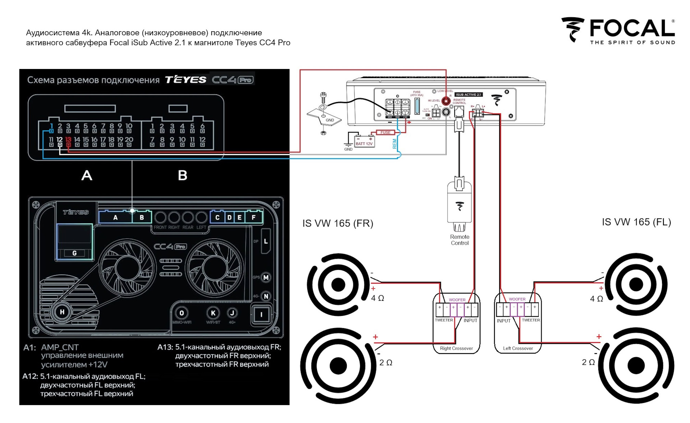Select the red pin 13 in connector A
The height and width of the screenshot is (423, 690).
tap(68, 140)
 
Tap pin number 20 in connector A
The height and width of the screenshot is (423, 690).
tap(129, 140)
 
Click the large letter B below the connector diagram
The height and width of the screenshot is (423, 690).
tap(183, 175)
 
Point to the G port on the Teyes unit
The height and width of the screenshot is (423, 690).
tap(74, 253)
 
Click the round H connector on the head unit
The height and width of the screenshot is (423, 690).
tap(62, 312)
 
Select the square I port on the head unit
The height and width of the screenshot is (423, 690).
tap(261, 315)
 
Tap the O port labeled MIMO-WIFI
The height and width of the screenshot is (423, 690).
tap(182, 313)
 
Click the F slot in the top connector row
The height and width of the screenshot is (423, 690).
tap(254, 217)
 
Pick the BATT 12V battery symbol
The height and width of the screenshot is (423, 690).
tap(364, 141)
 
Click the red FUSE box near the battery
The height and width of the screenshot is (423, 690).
tap(385, 133)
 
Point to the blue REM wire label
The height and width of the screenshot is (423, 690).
tap(395, 144)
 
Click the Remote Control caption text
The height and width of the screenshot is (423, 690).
tap(460, 240)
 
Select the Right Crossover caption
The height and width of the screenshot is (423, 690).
tap(456, 348)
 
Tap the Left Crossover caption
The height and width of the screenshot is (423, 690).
tap(518, 348)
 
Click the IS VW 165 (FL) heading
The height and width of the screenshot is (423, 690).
tap(636, 222)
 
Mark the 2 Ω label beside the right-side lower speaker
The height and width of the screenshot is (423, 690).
tap(588, 362)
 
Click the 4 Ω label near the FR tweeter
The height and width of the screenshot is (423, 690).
tap(377, 298)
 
